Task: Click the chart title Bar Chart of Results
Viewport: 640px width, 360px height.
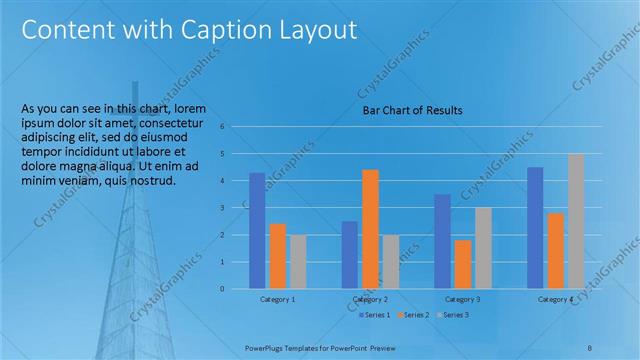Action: (412, 110)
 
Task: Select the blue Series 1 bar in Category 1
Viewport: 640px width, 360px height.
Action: (257, 230)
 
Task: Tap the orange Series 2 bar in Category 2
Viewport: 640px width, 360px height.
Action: (370, 228)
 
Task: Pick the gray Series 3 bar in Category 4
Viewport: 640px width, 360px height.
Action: (575, 221)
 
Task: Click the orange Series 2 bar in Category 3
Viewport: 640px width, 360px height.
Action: (463, 264)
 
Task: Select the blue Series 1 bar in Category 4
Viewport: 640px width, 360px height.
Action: (535, 227)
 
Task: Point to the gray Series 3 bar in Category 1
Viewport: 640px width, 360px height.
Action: (298, 261)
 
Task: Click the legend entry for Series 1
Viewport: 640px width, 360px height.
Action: (376, 315)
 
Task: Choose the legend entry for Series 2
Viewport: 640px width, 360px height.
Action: (414, 315)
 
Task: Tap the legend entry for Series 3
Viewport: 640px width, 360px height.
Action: (453, 315)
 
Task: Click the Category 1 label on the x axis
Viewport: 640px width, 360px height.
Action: (277, 299)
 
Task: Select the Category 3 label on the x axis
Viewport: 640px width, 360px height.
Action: (463, 299)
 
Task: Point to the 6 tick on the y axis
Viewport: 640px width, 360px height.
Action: (237, 127)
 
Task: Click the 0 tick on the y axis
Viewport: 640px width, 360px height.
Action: (237, 289)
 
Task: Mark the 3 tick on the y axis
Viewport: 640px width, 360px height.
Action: (237, 208)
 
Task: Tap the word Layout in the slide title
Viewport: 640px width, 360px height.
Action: (313, 30)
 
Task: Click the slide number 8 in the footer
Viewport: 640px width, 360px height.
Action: (590, 346)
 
